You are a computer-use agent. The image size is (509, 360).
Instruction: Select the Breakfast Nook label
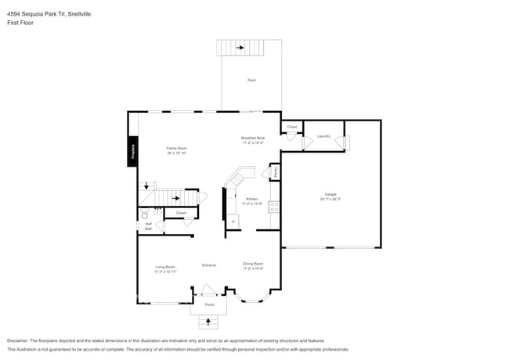(252, 139)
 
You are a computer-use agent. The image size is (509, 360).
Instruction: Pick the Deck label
(251, 81)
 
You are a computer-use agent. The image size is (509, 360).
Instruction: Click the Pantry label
(275, 171)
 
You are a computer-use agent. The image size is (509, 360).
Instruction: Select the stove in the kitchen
(274, 207)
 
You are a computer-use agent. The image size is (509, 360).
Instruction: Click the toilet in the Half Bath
(144, 213)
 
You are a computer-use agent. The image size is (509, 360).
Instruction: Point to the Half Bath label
(148, 226)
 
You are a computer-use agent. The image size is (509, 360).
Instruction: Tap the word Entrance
(209, 265)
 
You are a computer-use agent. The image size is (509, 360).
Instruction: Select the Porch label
(209, 304)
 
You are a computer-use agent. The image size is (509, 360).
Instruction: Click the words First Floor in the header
(20, 23)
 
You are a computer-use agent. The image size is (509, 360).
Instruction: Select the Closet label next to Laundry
(291, 126)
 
